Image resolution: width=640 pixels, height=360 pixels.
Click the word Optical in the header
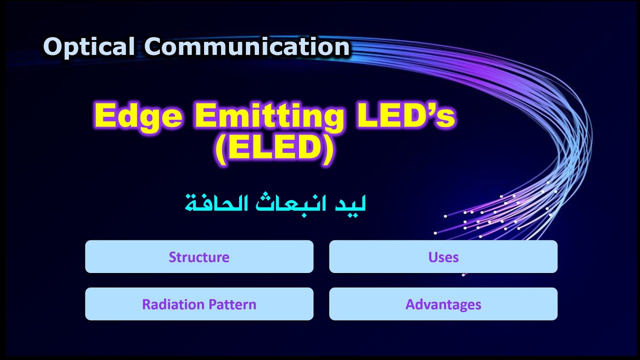(88, 47)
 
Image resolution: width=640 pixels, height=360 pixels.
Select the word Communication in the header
(247, 47)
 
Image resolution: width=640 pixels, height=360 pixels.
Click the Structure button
(199, 257)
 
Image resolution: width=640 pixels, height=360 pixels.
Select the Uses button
(443, 257)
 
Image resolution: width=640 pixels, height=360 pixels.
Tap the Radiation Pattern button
(199, 304)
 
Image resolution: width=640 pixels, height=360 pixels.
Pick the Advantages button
(443, 304)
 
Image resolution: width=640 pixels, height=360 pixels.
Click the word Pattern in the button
(232, 304)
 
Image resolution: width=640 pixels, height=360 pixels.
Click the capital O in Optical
(52, 47)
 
